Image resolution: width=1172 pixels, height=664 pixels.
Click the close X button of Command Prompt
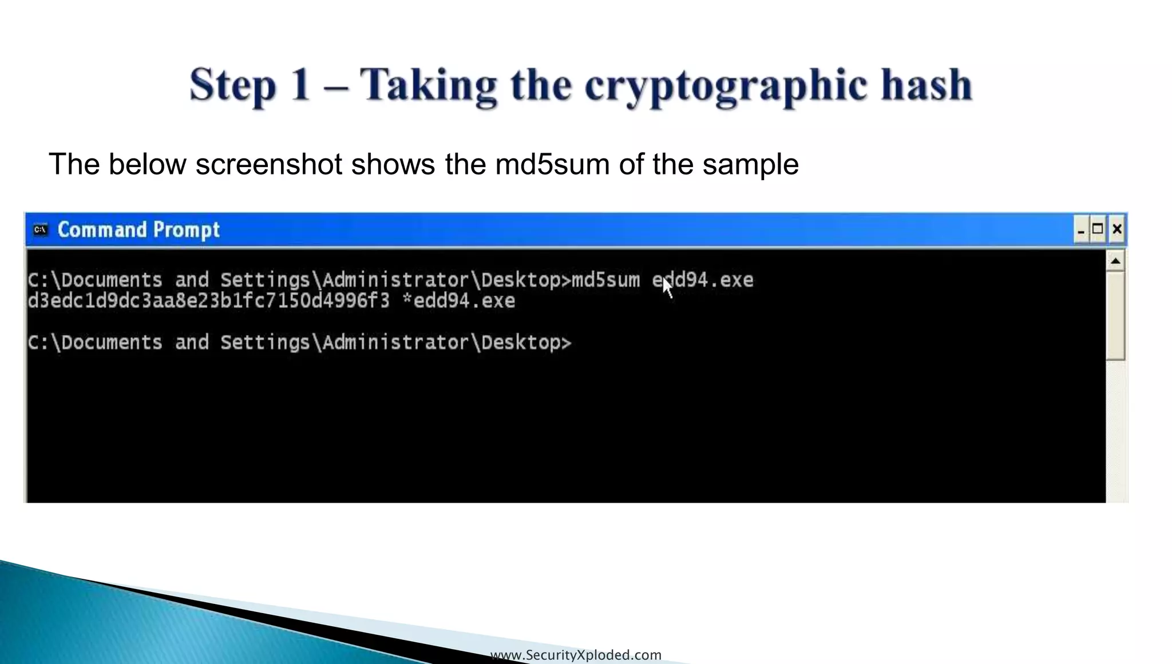(x=1116, y=229)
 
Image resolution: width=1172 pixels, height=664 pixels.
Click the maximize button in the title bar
(x=1098, y=229)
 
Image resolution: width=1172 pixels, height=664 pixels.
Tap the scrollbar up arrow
(x=1115, y=261)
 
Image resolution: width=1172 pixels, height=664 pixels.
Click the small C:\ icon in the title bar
(x=40, y=230)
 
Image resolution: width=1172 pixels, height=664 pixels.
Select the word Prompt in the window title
(x=187, y=230)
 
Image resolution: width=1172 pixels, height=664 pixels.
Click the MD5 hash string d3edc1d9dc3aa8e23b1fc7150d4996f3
(x=208, y=301)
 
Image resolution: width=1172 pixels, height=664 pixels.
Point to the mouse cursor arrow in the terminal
(x=667, y=288)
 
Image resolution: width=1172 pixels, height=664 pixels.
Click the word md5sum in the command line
(x=605, y=280)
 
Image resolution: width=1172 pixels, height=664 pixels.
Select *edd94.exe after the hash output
(x=459, y=301)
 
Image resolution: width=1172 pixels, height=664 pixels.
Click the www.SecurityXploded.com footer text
(x=576, y=655)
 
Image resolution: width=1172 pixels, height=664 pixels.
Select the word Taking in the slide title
(x=428, y=86)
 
